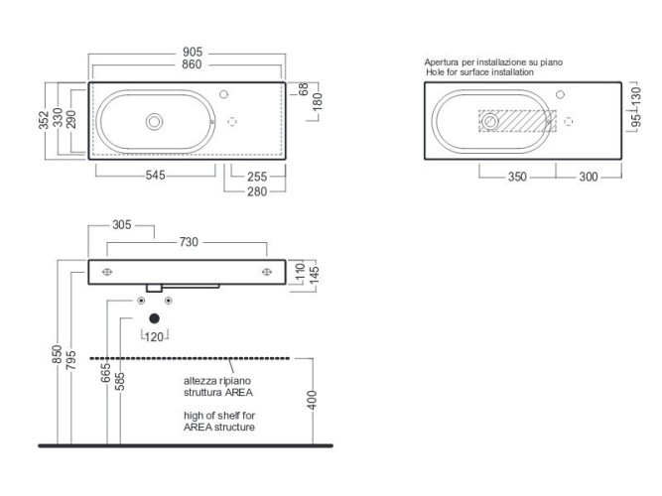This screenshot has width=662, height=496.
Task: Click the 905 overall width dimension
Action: point(193,52)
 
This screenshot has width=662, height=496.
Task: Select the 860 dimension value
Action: point(192,64)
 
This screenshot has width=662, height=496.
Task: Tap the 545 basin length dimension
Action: point(156,176)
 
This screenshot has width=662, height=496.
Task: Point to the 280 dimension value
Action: point(257,192)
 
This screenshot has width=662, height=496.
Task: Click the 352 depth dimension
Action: point(44,120)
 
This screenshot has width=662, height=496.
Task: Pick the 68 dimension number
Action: point(303,89)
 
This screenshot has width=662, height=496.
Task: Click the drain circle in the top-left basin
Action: point(154,122)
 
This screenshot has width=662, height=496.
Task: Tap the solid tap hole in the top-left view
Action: point(223,94)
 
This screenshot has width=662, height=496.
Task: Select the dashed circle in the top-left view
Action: point(232,122)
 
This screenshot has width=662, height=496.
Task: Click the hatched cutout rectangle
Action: point(518,121)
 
